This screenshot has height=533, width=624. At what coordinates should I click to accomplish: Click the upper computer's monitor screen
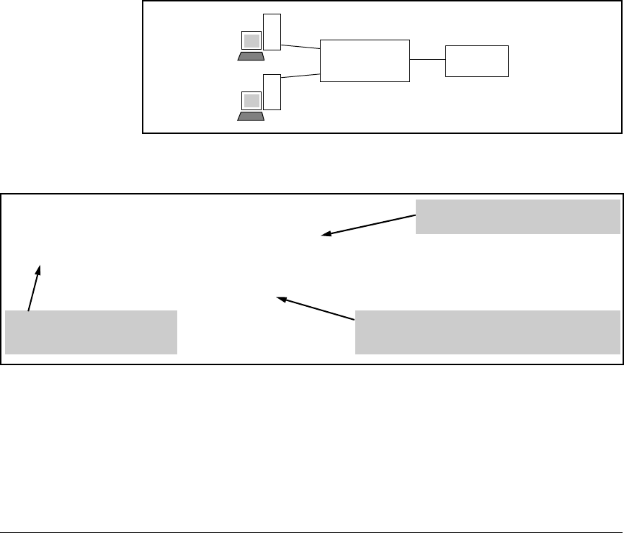pos(251,40)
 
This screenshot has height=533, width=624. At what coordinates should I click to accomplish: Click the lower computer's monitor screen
pos(251,100)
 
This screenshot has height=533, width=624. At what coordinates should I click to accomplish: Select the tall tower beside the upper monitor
pos(272,32)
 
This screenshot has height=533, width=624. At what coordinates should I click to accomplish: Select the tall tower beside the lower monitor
pos(272,91)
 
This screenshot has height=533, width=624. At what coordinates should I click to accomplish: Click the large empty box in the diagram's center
pos(364,61)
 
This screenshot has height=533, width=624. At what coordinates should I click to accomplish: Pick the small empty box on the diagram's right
pos(477,61)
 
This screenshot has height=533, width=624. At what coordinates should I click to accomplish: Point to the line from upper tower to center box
pos(300,47)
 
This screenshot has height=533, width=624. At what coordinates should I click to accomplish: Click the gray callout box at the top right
pos(517,217)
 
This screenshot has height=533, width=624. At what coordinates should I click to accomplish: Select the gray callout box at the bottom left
pos(91,332)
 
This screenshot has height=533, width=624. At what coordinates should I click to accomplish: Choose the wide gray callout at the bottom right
pos(488,332)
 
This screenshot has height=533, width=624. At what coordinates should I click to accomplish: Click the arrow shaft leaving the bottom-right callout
pos(321,308)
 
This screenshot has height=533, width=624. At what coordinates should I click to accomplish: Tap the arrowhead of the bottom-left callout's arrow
pos(40,269)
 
